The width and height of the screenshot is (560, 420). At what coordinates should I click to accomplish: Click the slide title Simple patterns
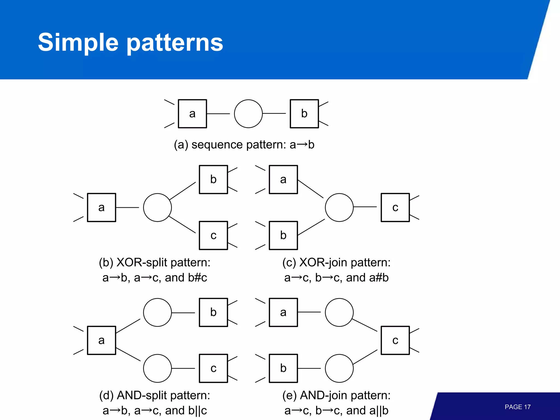coord(130,42)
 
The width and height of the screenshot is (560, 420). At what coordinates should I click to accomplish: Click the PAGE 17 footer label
coord(517,407)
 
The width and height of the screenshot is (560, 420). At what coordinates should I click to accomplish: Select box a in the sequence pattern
coord(192,114)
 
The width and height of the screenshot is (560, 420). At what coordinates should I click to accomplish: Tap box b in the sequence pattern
coord(304,114)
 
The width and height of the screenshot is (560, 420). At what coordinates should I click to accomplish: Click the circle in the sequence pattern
coord(248,114)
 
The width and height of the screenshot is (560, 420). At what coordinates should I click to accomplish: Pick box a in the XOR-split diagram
coord(101,208)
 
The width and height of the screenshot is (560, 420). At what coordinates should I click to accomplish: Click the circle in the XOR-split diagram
coord(157,208)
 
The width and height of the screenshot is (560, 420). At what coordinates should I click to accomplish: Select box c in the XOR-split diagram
coord(213,235)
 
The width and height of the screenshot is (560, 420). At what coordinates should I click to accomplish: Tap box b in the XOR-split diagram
coord(213,179)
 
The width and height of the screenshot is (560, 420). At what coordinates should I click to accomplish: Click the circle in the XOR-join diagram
coord(339,208)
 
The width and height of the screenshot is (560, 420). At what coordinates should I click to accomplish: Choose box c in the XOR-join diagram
coord(395,208)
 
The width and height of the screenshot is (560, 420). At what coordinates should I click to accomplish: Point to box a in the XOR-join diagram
coord(283,179)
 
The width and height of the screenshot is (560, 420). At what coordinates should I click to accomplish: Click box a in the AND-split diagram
coord(101,340)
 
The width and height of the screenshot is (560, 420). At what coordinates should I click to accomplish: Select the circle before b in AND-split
coord(157,312)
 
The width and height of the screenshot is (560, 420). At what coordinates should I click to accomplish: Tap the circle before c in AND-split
coord(157,368)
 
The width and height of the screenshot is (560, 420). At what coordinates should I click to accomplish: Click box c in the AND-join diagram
coord(395,340)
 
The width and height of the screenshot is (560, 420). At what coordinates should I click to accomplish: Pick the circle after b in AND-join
coord(339,368)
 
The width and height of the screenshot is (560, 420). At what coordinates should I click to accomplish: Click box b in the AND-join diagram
coord(283,368)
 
